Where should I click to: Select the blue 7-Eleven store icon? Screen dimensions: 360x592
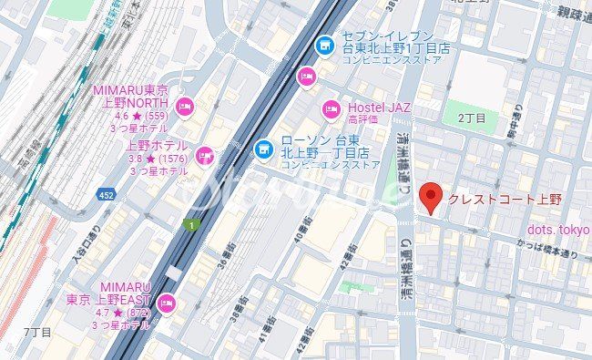[x=323, y=44]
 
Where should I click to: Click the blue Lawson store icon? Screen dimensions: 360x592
[x=263, y=147]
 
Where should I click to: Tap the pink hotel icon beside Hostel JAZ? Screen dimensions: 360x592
[x=332, y=111]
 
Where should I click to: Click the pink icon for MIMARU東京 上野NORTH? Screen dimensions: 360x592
[x=184, y=108]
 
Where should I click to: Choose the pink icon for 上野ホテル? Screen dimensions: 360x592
[x=204, y=156]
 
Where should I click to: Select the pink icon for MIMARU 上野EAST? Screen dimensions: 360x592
[x=166, y=303]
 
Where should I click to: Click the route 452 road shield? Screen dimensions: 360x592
[x=107, y=194]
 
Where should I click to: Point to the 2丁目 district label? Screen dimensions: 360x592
[x=472, y=118]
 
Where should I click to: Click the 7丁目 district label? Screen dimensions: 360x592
[x=37, y=333]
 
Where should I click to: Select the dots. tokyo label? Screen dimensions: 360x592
[x=558, y=229]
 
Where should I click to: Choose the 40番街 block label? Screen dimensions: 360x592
[x=302, y=233]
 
